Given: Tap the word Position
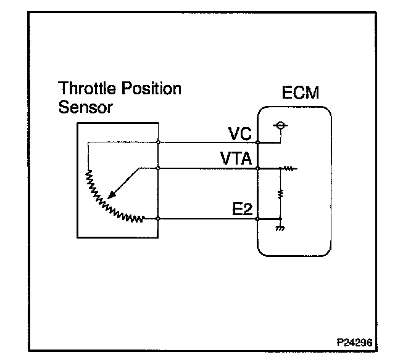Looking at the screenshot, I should pos(151,88).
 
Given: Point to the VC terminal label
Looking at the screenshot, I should pos(238,134).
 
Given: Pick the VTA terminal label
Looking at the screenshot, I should pos(235,159).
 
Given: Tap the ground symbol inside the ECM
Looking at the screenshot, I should pos(281,228).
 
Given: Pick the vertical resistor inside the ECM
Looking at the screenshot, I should pos(281,194).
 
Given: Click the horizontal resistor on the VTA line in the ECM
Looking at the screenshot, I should pos(289,168).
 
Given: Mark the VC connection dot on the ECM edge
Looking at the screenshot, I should pos(257,142).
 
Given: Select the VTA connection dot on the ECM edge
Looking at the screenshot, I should pos(257,168).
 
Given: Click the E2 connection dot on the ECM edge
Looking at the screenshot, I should pos(257,219).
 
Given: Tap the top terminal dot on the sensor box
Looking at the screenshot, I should pos(159,142).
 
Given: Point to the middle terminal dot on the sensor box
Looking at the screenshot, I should pos(159,168).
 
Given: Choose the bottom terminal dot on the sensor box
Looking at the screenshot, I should pos(159,219).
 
